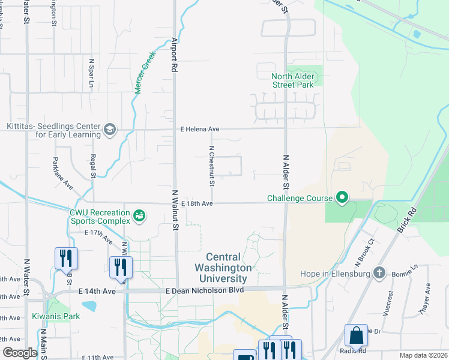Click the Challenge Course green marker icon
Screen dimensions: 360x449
pyautogui.click(x=342, y=197)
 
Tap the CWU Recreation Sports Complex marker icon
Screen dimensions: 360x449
pyautogui.click(x=139, y=215)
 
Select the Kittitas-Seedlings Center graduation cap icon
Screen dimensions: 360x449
pyautogui.click(x=109, y=130)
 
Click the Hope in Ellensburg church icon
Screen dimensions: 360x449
pyautogui.click(x=378, y=273)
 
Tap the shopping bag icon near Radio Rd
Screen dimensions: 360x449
pyautogui.click(x=355, y=336)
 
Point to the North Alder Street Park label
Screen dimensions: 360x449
pyautogui.click(x=293, y=80)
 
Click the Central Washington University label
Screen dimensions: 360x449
pyautogui.click(x=222, y=268)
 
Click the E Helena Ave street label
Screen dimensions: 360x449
pyautogui.click(x=200, y=129)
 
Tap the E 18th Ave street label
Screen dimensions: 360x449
pyautogui.click(x=196, y=203)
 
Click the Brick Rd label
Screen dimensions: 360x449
pyautogui.click(x=406, y=220)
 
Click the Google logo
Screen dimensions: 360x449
pyautogui.click(x=20, y=353)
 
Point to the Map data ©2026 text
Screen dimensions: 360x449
pyautogui.click(x=423, y=355)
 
